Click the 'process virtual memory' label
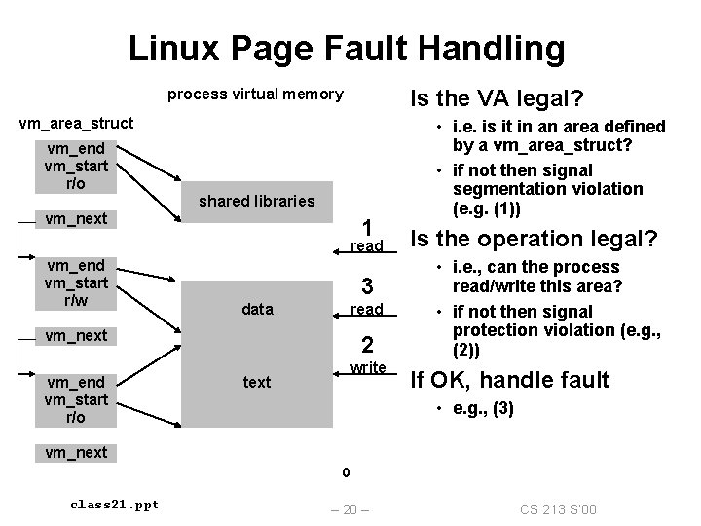255,94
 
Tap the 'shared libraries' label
257,202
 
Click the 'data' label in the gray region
257,309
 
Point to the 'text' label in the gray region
257,382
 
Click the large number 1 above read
367,225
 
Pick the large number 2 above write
367,345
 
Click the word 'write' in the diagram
368,367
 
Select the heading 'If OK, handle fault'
509,379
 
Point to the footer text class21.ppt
115,504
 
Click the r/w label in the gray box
76,301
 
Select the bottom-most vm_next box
76,452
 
